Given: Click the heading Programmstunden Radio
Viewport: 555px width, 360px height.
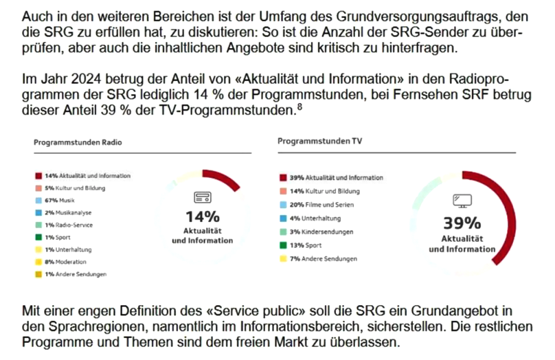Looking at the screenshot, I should [78, 143].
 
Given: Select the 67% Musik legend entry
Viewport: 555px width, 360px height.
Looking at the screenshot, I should [59, 200].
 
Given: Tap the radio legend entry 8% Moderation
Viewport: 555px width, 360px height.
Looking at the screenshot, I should [65, 262].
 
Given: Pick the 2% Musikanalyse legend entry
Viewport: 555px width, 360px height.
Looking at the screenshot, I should [68, 212].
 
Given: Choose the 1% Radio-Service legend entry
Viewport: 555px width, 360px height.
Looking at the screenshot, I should [69, 225].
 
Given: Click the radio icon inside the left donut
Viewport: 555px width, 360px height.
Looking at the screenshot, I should [203, 198].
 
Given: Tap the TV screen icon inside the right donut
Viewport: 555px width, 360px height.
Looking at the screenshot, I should [462, 201].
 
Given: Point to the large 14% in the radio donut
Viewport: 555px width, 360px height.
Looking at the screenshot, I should [203, 217].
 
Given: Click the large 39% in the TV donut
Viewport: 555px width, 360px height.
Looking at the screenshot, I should [462, 223].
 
